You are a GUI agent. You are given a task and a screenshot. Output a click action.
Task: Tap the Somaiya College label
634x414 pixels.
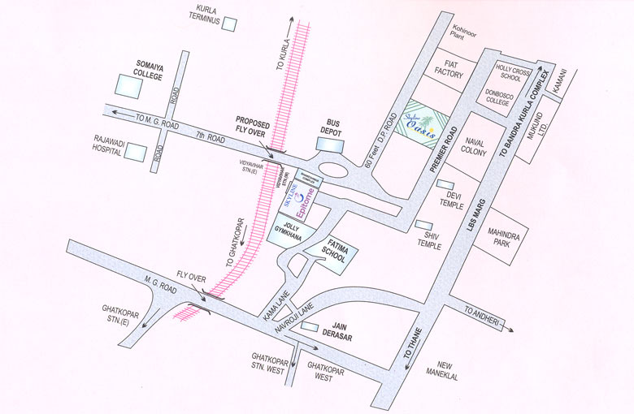[150, 67]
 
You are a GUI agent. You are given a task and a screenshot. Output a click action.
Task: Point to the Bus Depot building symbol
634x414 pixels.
[330, 143]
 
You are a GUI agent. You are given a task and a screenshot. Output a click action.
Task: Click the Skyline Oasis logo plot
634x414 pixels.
[420, 123]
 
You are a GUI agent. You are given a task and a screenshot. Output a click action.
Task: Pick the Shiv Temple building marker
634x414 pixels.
[423, 225]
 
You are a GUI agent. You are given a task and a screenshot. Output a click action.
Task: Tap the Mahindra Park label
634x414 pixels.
[504, 238]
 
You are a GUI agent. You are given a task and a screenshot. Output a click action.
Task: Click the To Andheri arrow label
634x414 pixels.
[482, 313]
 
